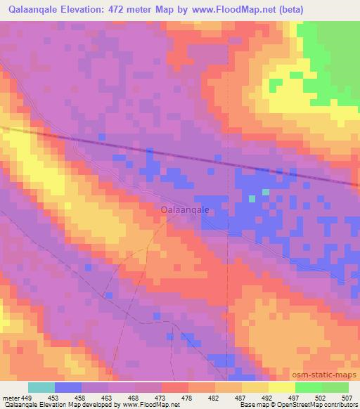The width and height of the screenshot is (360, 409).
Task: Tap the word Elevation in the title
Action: tap(80, 9)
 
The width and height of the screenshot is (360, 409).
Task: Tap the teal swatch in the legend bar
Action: tap(41, 387)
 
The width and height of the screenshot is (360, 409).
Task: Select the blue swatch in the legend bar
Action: tap(68, 387)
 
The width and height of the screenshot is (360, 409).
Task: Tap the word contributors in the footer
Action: tap(340, 405)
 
